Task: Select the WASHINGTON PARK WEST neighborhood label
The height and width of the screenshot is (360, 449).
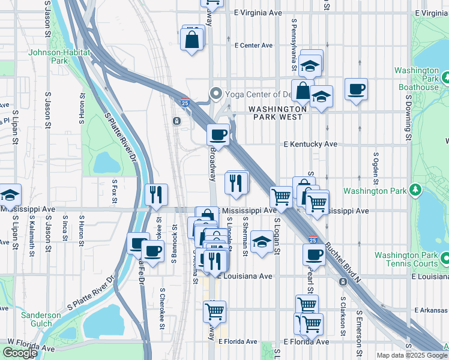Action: [x=278, y=114]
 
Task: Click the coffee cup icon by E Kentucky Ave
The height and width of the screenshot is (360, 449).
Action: [x=218, y=134]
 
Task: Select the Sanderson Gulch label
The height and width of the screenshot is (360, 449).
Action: [x=41, y=319]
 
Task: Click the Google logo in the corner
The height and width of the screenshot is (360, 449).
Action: [x=19, y=353]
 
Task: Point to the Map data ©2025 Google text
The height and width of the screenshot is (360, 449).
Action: [x=412, y=355]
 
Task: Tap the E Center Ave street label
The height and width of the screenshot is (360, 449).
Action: [x=254, y=45]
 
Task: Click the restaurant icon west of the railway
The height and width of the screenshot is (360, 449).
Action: [x=155, y=194]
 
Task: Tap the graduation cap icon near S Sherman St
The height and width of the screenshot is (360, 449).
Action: [x=261, y=242]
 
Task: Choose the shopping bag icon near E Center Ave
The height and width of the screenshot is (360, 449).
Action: [x=192, y=40]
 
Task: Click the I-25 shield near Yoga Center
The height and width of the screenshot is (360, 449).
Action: [x=186, y=103]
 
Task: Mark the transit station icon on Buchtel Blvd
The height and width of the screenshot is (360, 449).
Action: [x=343, y=282]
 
